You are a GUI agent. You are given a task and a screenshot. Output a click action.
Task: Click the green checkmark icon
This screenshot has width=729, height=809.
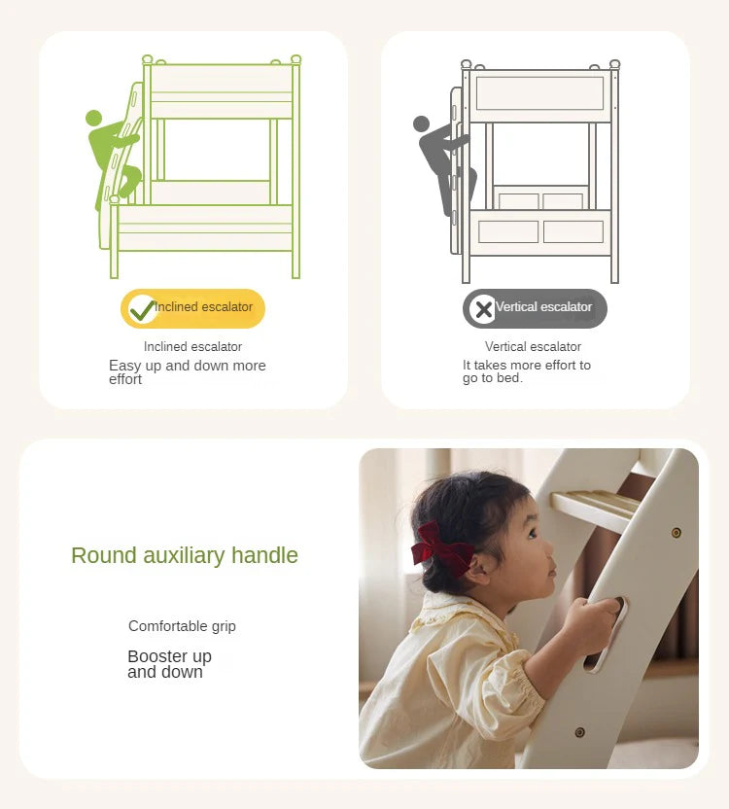[x=142, y=309]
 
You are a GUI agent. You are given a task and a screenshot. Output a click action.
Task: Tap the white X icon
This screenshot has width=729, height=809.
[x=482, y=309]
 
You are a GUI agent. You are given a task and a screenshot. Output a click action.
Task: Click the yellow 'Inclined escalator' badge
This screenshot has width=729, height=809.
[x=192, y=308]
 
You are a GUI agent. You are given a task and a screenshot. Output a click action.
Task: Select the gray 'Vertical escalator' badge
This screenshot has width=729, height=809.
[x=535, y=308]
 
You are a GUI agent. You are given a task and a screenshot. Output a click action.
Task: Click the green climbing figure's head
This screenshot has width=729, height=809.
[x=93, y=119]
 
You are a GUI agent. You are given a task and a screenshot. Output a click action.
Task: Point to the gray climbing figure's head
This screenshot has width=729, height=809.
[x=421, y=124]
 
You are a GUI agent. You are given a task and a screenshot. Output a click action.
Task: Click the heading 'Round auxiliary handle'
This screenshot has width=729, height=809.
[x=185, y=555]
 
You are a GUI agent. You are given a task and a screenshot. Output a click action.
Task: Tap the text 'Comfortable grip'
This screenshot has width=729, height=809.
[x=182, y=626]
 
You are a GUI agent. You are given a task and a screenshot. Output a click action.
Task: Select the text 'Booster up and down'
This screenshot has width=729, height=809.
[x=169, y=664]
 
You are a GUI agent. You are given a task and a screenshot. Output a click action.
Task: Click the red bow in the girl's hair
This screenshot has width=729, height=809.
[x=440, y=548]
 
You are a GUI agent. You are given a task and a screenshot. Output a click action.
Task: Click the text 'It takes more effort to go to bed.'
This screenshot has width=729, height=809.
[x=526, y=371]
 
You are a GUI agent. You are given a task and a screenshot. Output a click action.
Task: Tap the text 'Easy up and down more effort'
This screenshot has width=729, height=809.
[x=187, y=371]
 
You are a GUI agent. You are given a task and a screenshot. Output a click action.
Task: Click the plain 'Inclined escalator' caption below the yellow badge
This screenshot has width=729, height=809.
[x=192, y=346]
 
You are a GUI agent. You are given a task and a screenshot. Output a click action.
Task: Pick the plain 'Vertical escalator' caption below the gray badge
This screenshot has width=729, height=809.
[x=533, y=346]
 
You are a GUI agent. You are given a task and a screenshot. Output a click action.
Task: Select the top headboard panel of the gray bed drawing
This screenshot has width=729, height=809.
[x=539, y=93]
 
